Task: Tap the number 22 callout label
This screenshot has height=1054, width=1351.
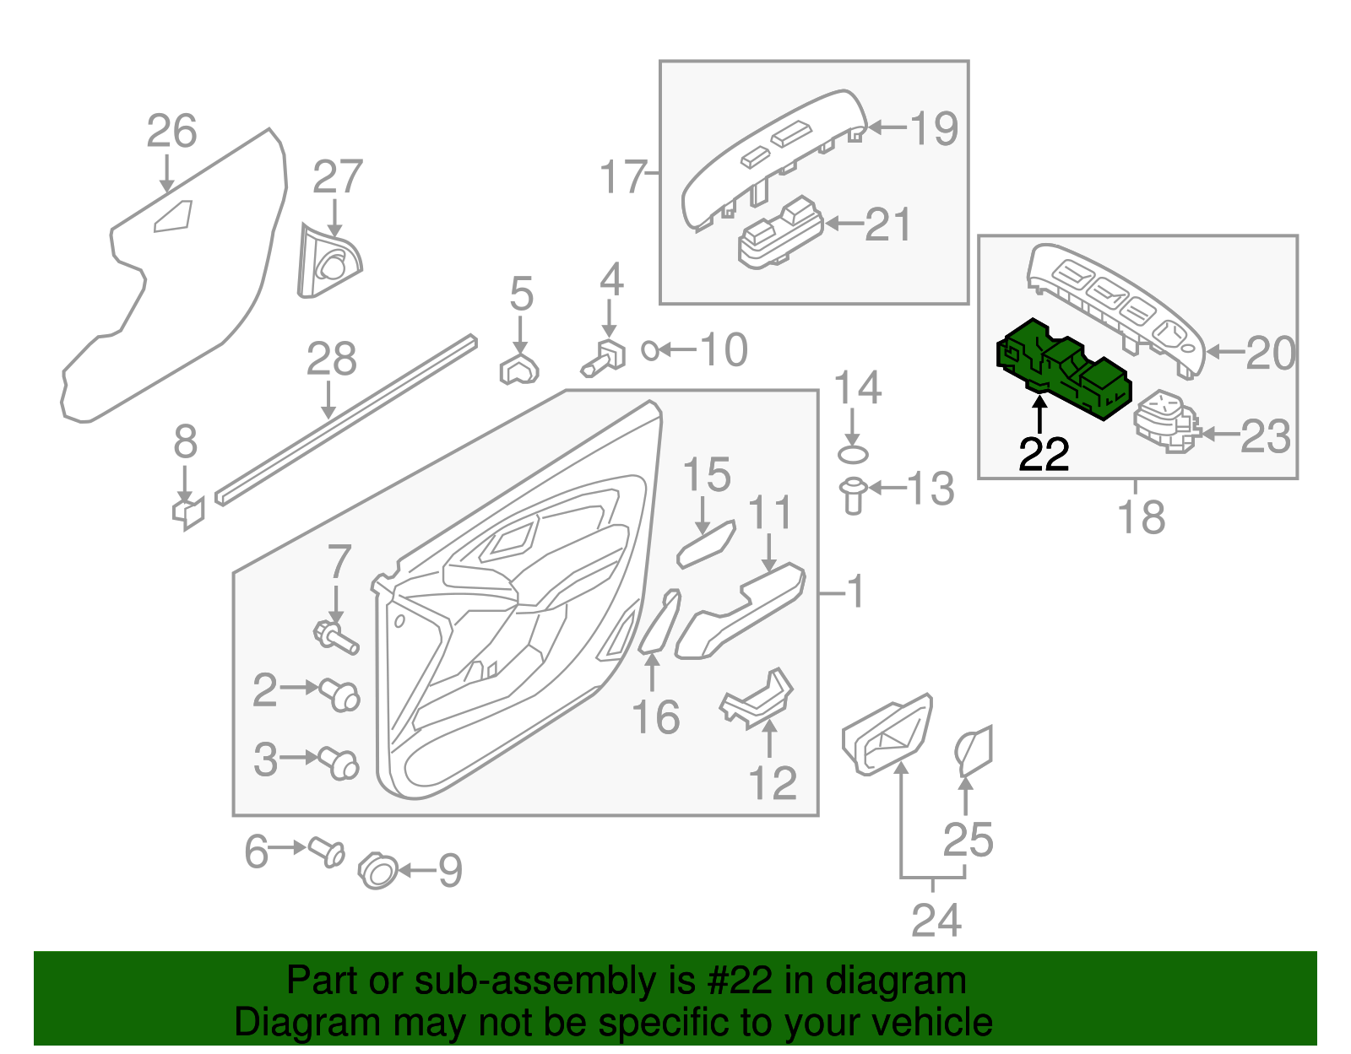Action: pyautogui.click(x=1044, y=455)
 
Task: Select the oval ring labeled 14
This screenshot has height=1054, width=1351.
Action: pyautogui.click(x=853, y=455)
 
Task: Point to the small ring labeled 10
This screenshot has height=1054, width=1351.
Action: pyautogui.click(x=650, y=349)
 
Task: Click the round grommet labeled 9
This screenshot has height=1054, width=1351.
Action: pyautogui.click(x=378, y=871)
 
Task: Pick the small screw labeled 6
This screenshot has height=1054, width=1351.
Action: pyautogui.click(x=327, y=851)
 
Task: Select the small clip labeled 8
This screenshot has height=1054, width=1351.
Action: pyautogui.click(x=188, y=511)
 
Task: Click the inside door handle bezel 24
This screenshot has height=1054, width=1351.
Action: pyautogui.click(x=887, y=735)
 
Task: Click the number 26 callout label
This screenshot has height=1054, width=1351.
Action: pyautogui.click(x=171, y=132)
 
